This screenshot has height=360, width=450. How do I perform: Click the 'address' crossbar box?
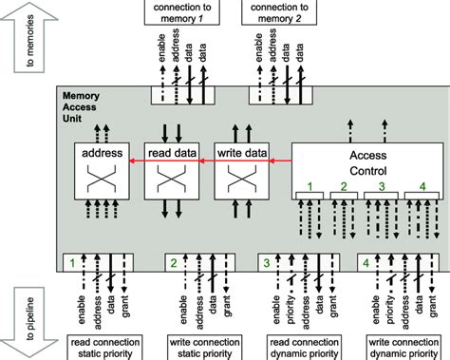pyautogui.click(x=101, y=170)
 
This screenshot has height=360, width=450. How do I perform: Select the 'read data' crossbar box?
pyautogui.click(x=170, y=170)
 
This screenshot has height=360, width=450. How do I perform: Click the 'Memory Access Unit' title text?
pyautogui.click(x=82, y=107)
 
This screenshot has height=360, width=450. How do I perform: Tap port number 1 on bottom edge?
pyautogui.click(x=72, y=259)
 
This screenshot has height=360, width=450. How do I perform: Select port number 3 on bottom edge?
pyautogui.click(x=267, y=259)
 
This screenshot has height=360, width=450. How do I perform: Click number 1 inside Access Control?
pyautogui.click(x=309, y=187)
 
